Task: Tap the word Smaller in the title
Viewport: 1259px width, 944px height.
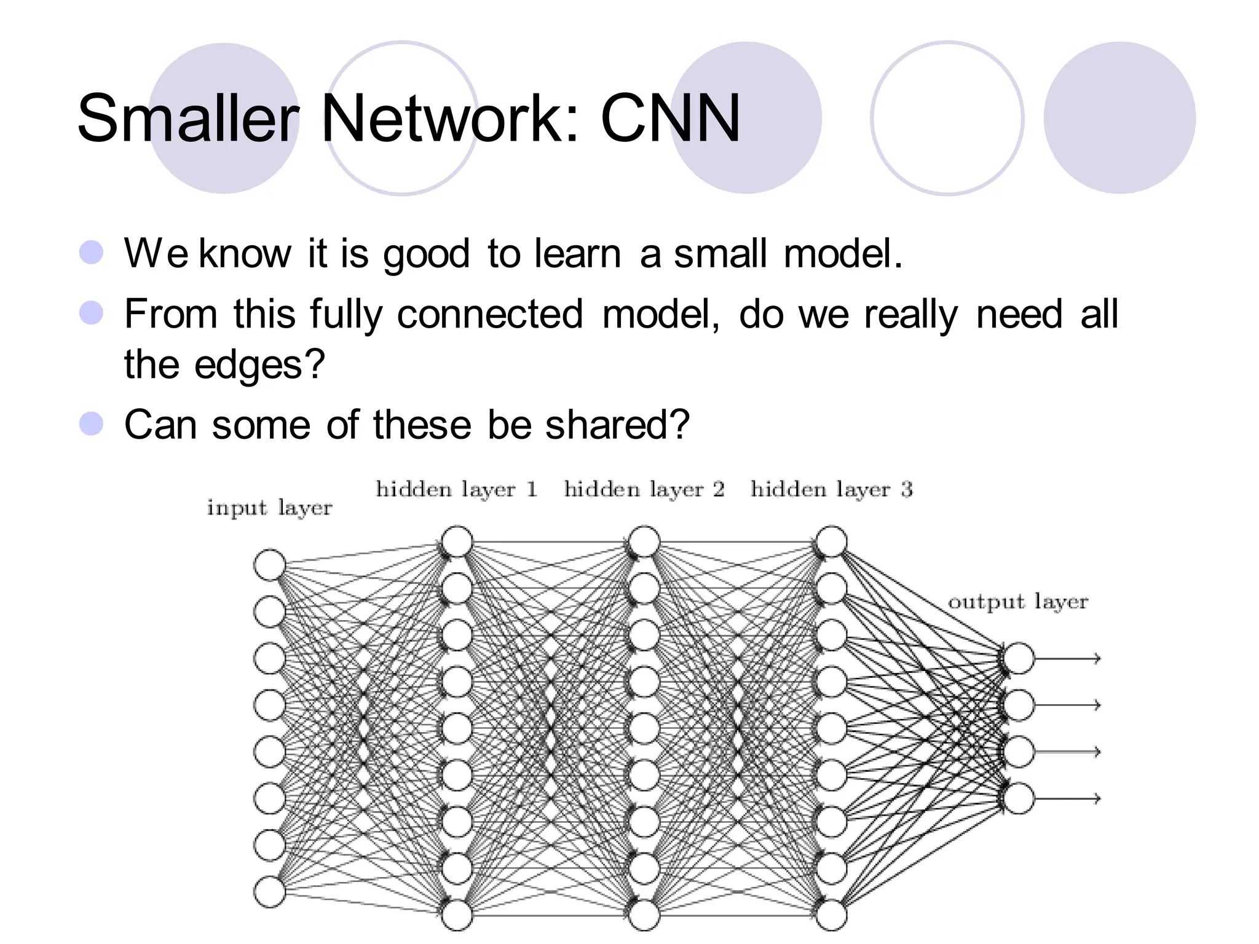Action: pos(187,118)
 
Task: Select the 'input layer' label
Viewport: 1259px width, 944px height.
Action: pos(269,508)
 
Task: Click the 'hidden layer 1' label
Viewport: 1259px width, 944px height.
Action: pos(457,489)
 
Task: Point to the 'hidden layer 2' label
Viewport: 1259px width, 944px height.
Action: pos(644,489)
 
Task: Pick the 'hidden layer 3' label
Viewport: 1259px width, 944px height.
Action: pos(832,489)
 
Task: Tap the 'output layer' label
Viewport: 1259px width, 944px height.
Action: pos(1018,602)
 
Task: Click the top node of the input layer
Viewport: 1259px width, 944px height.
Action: pos(269,565)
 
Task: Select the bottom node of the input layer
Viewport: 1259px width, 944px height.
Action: pos(269,892)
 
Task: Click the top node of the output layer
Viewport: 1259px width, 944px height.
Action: pos(1019,658)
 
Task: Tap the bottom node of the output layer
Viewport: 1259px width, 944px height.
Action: pos(1019,798)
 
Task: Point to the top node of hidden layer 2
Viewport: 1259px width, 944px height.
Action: pos(644,541)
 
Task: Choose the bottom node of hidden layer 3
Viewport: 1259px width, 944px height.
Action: pos(832,915)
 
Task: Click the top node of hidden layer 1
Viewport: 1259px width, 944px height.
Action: pos(457,541)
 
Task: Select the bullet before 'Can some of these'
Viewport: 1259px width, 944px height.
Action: pos(92,423)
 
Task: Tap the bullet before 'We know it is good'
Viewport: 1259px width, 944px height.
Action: pos(92,252)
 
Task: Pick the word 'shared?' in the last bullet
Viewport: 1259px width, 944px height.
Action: pos(617,425)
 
